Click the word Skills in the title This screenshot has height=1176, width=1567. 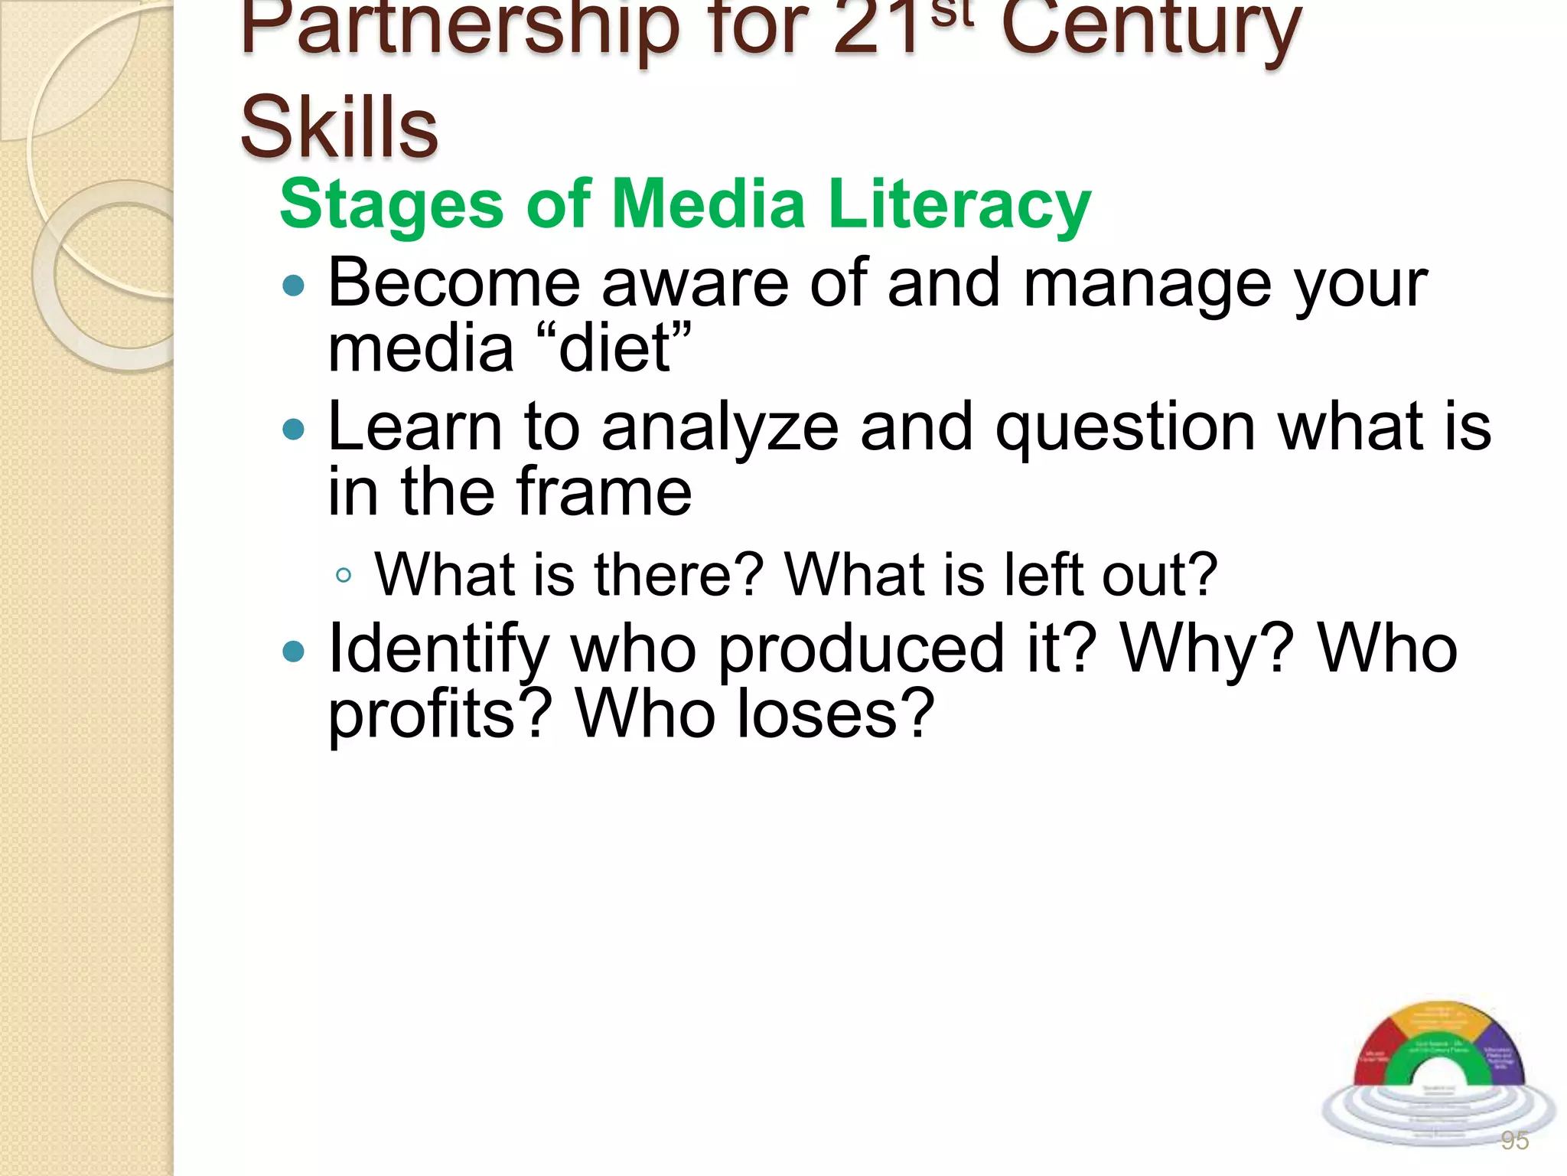tap(339, 126)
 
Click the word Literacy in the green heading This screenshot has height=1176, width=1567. tap(959, 204)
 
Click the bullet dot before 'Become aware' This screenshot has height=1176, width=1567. tap(293, 286)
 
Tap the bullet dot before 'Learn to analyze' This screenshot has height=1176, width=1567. tap(293, 429)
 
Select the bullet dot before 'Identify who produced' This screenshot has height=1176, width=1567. tap(293, 652)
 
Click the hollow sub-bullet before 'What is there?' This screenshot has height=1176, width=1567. tap(344, 576)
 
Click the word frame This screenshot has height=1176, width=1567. tap(604, 492)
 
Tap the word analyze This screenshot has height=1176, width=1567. tap(720, 427)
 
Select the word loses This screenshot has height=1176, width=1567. tap(835, 714)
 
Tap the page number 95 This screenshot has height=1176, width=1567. tap(1515, 1141)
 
